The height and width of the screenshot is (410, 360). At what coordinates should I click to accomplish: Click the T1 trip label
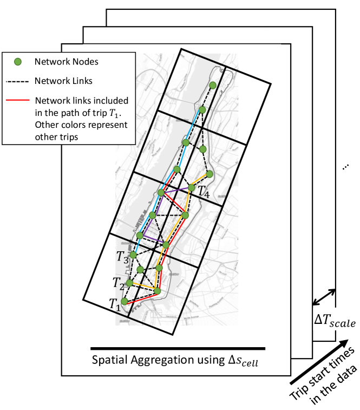click(113, 304)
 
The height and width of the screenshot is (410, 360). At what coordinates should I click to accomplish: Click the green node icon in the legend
click(17, 62)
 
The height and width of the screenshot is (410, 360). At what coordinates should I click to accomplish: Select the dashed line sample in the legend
click(17, 81)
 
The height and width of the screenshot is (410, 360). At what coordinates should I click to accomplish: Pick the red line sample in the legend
click(17, 101)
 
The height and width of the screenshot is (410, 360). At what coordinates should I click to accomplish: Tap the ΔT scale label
click(336, 322)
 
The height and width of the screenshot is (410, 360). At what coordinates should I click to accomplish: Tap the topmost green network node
click(213, 85)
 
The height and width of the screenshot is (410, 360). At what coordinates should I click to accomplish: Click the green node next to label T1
click(125, 301)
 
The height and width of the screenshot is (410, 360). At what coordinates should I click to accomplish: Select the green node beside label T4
click(191, 188)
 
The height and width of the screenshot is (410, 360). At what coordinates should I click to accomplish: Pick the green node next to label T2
click(129, 282)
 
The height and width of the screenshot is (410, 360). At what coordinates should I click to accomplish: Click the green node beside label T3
click(133, 254)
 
